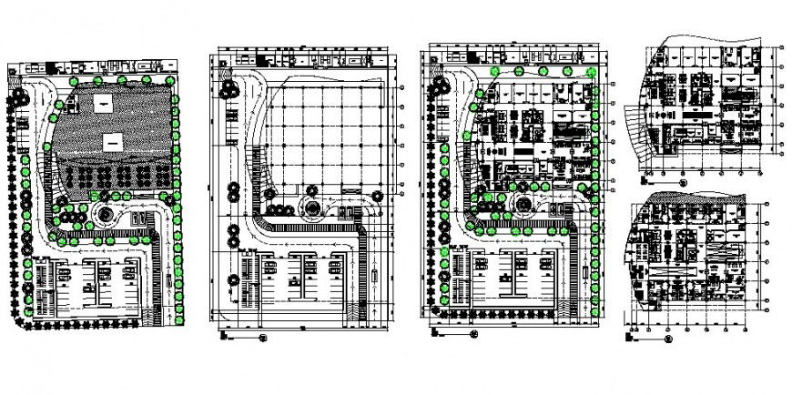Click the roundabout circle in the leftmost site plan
102,216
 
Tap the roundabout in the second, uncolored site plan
311,207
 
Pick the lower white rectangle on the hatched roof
113,141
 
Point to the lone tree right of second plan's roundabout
374,195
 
